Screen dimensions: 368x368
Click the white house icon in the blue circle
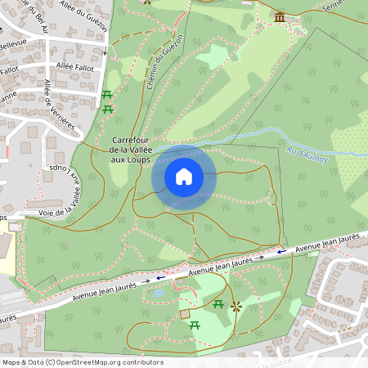[184, 177]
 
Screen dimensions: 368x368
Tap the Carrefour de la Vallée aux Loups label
[135, 149]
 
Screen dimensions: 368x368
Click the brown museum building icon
[280, 16]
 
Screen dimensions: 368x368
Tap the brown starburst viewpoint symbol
[236, 306]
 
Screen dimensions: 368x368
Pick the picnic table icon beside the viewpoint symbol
[218, 304]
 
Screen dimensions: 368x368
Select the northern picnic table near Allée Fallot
[107, 95]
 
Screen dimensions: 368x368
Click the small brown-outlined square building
[184, 313]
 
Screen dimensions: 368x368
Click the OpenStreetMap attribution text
[83, 361]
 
